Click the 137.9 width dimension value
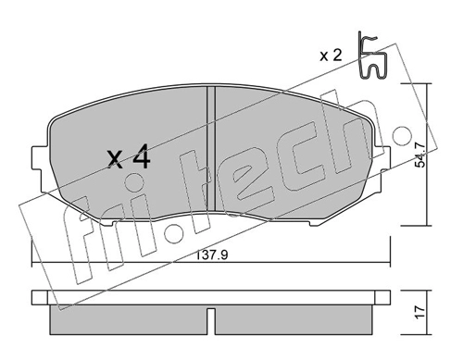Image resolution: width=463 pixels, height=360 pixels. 212,254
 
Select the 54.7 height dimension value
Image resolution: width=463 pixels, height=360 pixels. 419,155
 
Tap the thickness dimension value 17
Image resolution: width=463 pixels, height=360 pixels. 420,313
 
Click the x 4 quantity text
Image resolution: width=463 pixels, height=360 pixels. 129,157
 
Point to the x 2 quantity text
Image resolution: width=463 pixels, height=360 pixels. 331,56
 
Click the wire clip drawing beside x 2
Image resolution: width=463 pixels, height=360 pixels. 371,56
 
